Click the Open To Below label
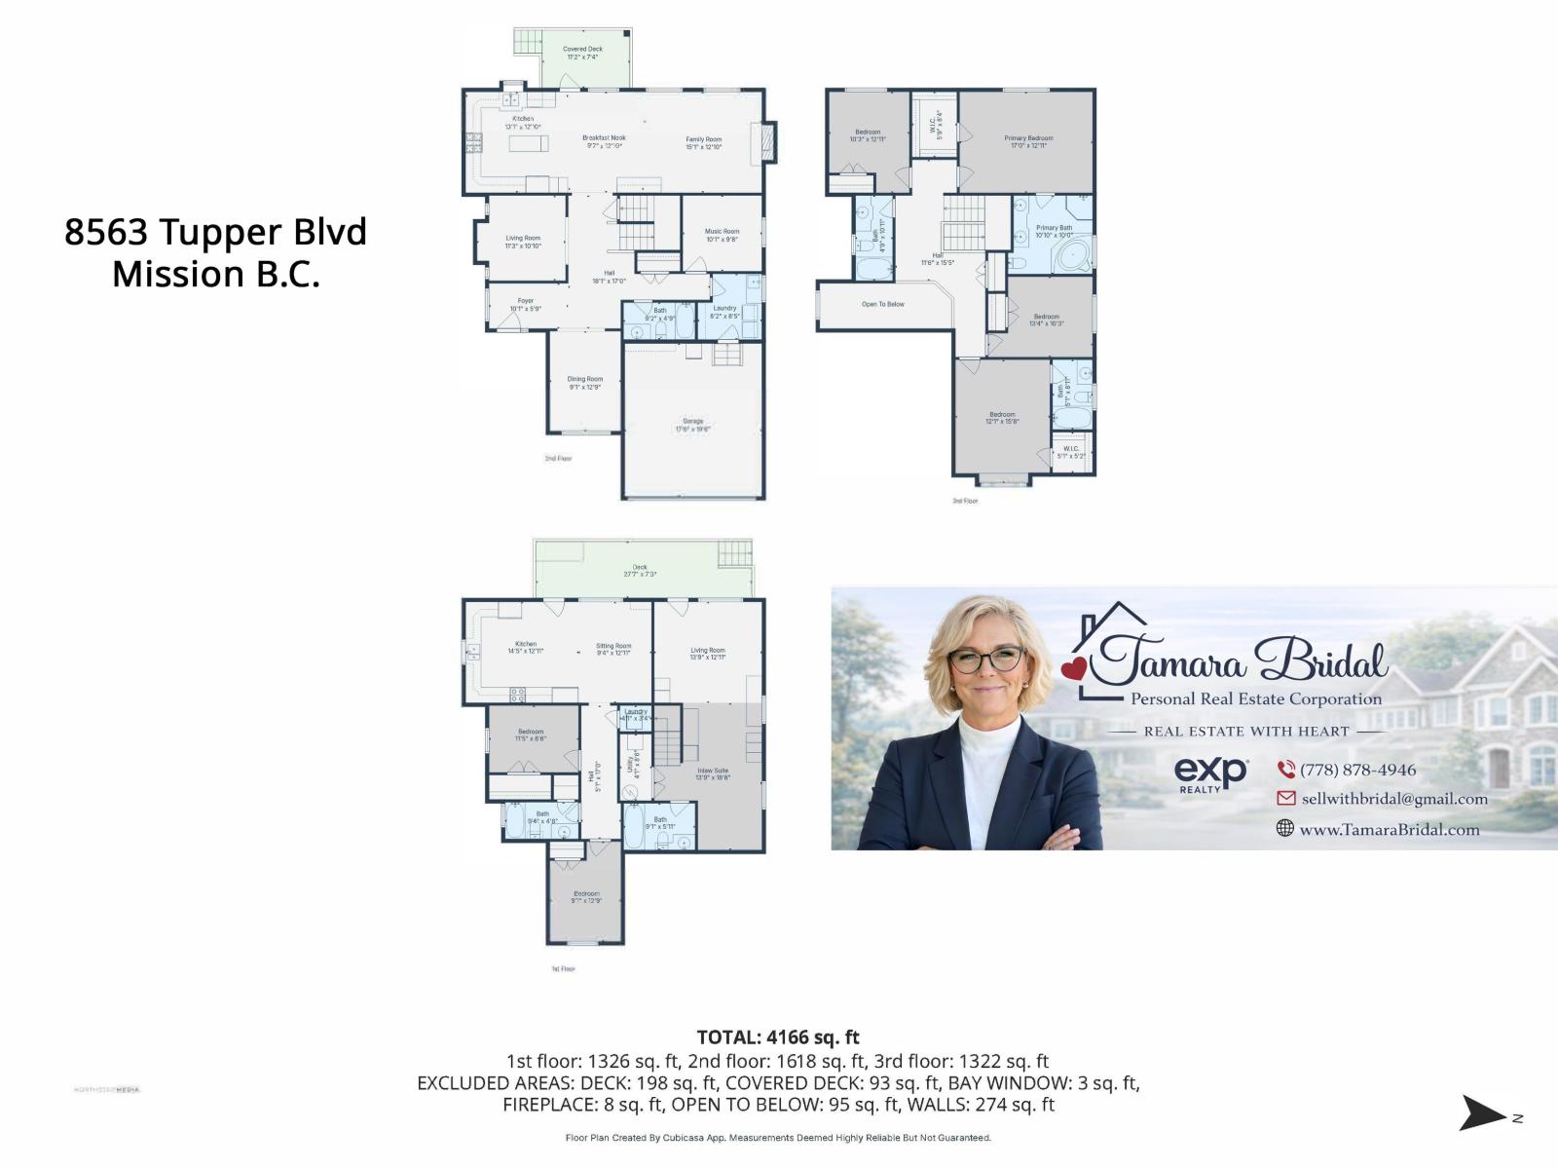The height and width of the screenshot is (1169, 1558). pyautogui.click(x=882, y=304)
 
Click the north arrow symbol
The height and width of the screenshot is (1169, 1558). pyautogui.click(x=1482, y=1112)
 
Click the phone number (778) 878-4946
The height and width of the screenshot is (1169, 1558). pyautogui.click(x=1357, y=770)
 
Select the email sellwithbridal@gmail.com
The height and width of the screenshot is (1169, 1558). pyautogui.click(x=1393, y=799)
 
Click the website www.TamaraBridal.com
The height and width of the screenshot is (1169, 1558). pyautogui.click(x=1389, y=830)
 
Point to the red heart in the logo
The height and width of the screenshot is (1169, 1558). pyautogui.click(x=1073, y=668)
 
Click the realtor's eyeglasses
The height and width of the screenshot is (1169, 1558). pyautogui.click(x=985, y=660)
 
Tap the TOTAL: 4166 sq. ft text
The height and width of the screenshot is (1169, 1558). pyautogui.click(x=778, y=1037)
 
